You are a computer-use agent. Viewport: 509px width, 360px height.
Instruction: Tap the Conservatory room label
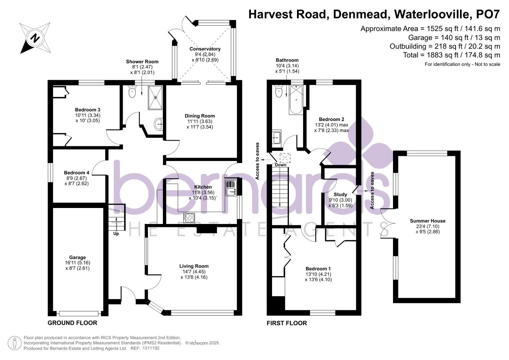pyautogui.click(x=205, y=49)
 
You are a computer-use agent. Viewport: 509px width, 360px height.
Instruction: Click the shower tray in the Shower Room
pyautogui.click(x=155, y=97)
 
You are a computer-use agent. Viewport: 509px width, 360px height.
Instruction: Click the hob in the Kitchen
pyautogui.click(x=190, y=217)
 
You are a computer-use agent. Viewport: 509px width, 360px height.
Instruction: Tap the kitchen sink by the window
pyautogui.click(x=230, y=188)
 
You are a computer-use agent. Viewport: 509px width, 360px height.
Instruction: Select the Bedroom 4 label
pyautogui.click(x=76, y=173)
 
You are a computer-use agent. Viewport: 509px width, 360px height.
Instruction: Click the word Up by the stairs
pyautogui.click(x=116, y=234)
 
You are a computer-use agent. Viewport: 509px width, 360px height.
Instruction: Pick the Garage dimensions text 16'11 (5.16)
pyautogui.click(x=77, y=263)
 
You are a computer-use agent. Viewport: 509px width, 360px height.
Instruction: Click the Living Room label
pyautogui.click(x=194, y=266)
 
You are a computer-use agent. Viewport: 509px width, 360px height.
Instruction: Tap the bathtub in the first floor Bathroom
pyautogui.click(x=296, y=99)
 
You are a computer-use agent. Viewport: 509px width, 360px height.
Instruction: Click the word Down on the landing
pyautogui.click(x=280, y=165)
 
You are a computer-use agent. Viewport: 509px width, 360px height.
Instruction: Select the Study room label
pyautogui.click(x=340, y=194)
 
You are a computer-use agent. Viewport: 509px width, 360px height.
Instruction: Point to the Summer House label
pyautogui.click(x=427, y=221)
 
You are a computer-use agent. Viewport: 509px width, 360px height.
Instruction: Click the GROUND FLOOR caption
pyautogui.click(x=72, y=323)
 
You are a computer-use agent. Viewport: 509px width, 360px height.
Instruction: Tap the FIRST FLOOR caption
pyautogui.click(x=287, y=323)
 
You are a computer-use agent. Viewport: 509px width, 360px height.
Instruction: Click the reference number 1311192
pyautogui.click(x=151, y=348)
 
